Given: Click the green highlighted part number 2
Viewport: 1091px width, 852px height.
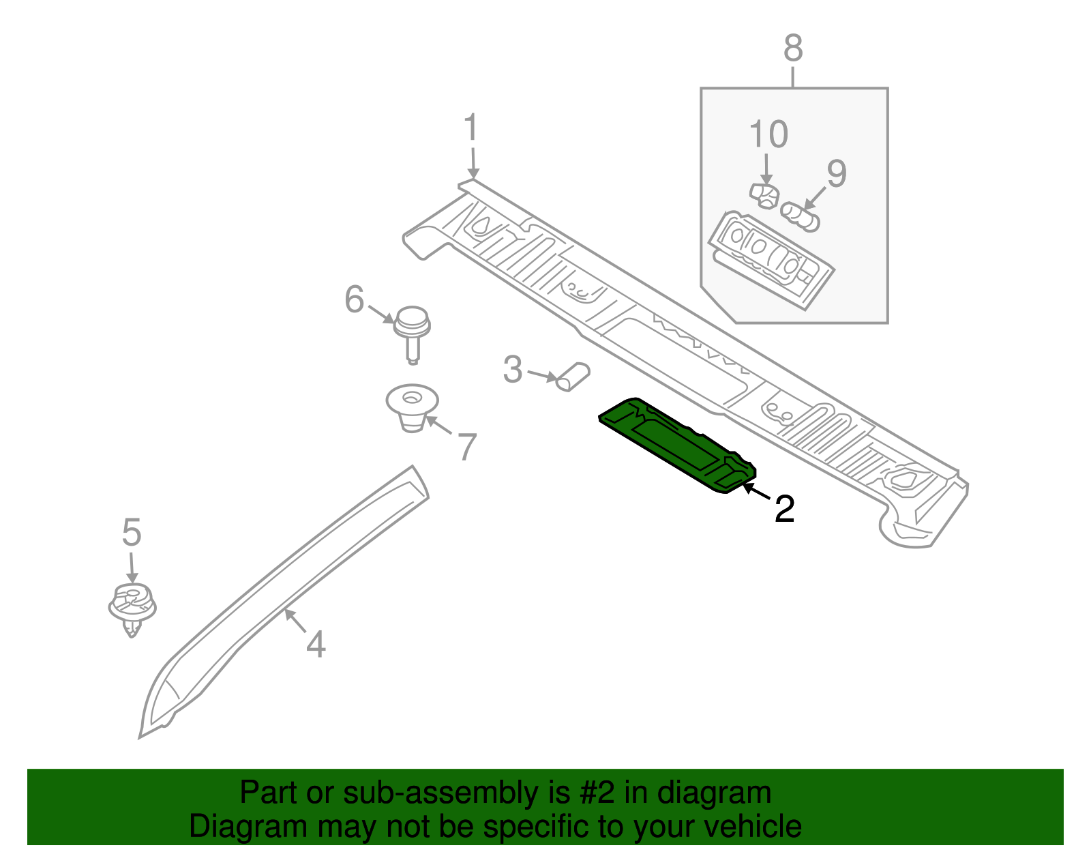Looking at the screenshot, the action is [677, 445].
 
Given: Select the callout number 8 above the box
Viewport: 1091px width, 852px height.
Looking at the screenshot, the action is [793, 48].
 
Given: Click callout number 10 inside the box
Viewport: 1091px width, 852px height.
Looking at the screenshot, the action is [768, 134].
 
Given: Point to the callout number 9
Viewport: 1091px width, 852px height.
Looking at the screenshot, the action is [837, 174].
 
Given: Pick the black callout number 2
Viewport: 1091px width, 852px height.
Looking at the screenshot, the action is [784, 509].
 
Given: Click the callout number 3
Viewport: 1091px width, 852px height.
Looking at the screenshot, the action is [513, 370].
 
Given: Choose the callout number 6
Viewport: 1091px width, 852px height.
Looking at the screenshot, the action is [354, 299].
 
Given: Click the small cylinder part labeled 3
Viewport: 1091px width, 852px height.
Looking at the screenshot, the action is [572, 377].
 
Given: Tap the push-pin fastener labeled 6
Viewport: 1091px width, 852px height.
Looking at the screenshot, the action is [412, 334].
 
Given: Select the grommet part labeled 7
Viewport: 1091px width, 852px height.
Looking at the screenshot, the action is [413, 408].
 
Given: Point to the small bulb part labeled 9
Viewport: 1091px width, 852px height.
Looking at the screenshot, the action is [801, 217].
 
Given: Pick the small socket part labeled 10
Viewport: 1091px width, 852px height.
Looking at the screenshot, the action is [764, 196].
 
